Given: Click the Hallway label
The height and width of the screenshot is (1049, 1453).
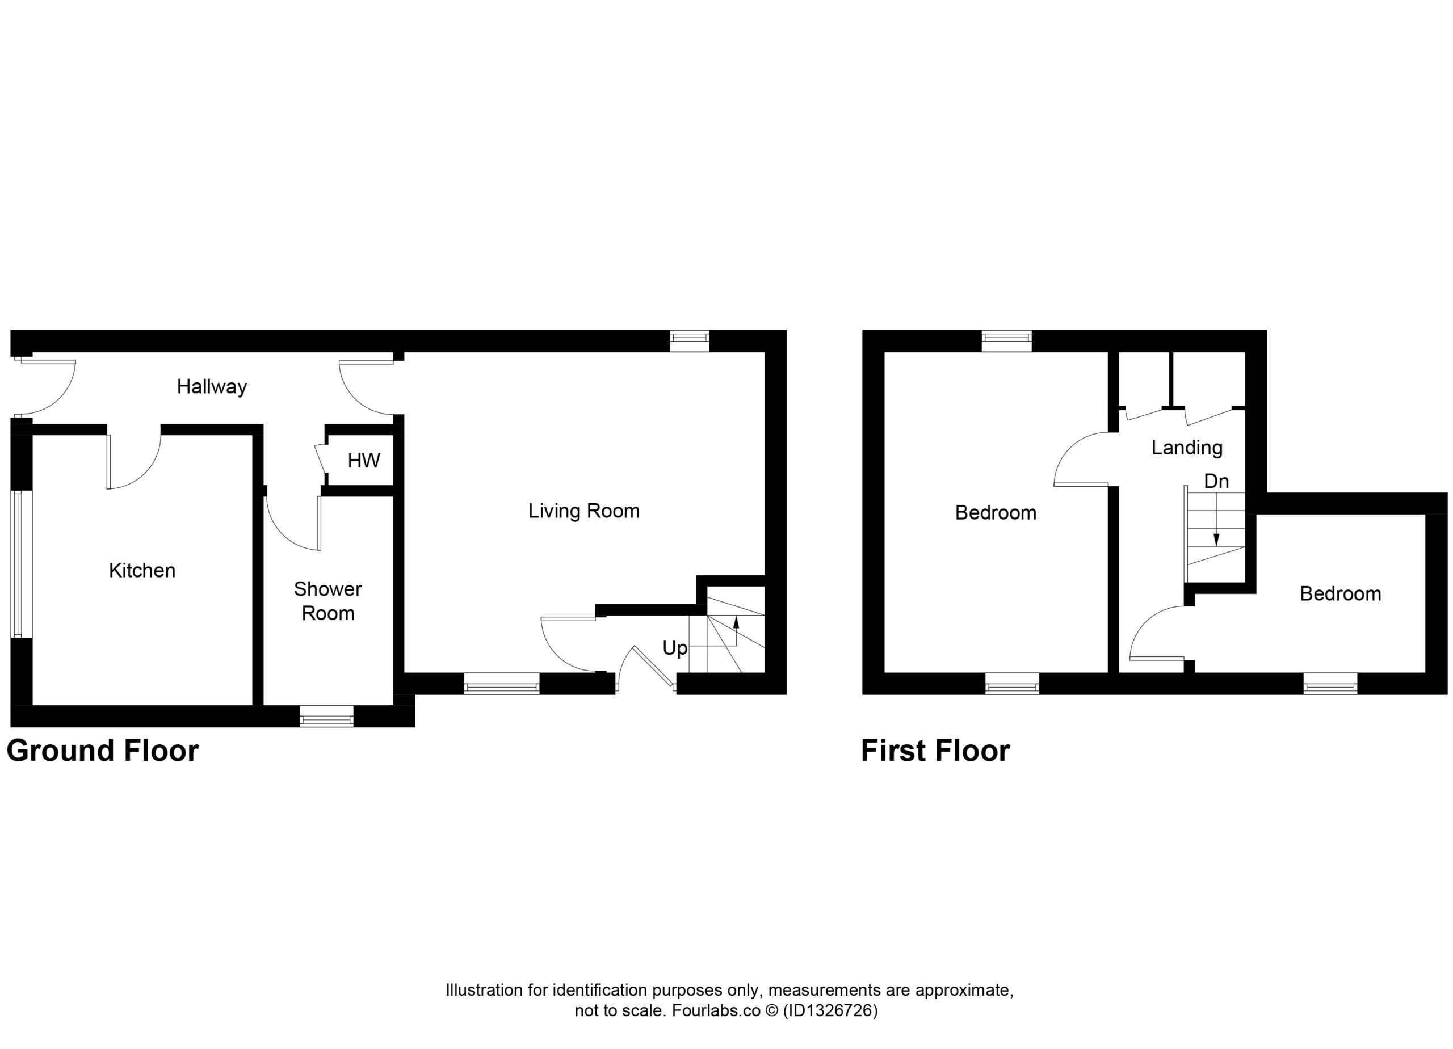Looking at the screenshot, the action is (x=212, y=387).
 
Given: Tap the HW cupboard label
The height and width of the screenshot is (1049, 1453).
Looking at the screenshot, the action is (x=364, y=461).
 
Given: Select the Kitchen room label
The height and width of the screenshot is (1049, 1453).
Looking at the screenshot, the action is (x=142, y=571).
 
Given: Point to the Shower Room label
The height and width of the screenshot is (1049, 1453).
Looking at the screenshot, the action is (x=328, y=601).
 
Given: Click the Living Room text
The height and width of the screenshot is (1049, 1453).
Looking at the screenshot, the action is (x=584, y=511).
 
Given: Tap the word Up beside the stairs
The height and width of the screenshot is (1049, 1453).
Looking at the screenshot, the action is (x=675, y=648).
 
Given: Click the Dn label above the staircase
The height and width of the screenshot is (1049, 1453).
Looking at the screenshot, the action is (x=1216, y=481).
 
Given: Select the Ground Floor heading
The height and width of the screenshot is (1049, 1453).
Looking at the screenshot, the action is (x=103, y=751).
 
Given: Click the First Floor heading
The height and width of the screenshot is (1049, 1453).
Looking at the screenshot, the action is (x=935, y=751).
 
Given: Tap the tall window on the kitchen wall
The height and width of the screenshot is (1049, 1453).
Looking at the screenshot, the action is (x=21, y=564).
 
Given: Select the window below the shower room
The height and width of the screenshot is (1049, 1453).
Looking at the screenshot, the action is (x=327, y=716).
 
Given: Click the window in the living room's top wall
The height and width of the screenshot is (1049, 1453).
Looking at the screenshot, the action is (x=690, y=342).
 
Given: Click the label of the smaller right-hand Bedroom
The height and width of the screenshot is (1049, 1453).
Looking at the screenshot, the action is (x=1340, y=593).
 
